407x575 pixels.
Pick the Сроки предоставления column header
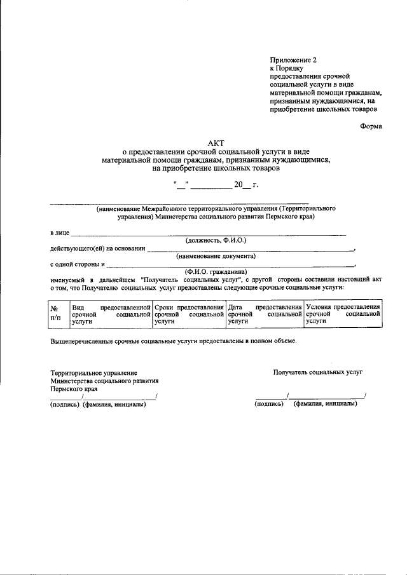(x=189, y=314)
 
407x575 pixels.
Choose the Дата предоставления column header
(x=265, y=314)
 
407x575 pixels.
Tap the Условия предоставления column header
(x=343, y=314)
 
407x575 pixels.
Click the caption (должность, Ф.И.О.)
(x=216, y=241)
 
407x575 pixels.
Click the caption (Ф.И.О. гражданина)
(x=216, y=271)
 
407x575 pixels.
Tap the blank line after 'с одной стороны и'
(x=230, y=264)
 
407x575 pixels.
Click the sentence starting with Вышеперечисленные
(x=173, y=342)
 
